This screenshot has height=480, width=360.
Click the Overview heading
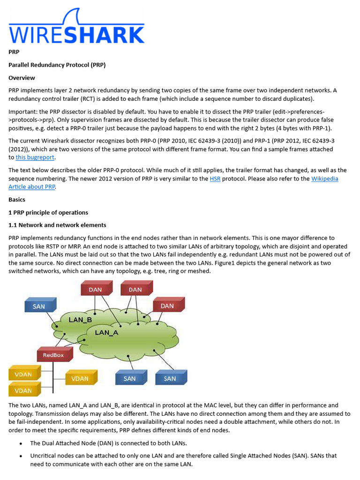pos(22,78)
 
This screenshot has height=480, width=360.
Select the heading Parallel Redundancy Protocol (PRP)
pos(57,65)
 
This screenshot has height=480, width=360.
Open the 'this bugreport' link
pos(35,157)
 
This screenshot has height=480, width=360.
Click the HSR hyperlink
pos(215,179)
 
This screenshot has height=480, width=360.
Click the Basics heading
pos(17,200)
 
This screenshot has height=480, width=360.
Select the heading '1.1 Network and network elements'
pos(57,225)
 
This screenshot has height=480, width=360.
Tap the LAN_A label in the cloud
pos(106,332)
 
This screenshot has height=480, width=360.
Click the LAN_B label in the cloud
pos(80,320)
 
